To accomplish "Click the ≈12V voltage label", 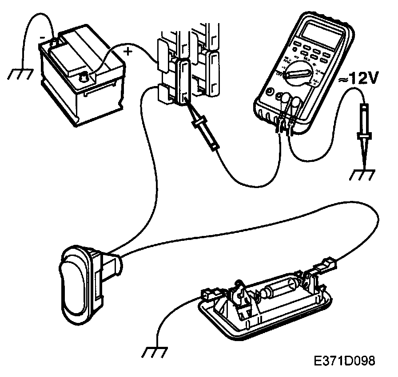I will pos(359,79).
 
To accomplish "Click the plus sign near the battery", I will pos(128,51).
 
